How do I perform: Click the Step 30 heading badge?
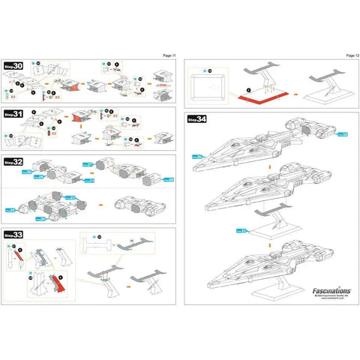coord(14,67)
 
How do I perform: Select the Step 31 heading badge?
coord(14,114)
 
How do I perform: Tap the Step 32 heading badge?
coord(14,160)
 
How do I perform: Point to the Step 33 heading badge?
coord(14,235)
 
